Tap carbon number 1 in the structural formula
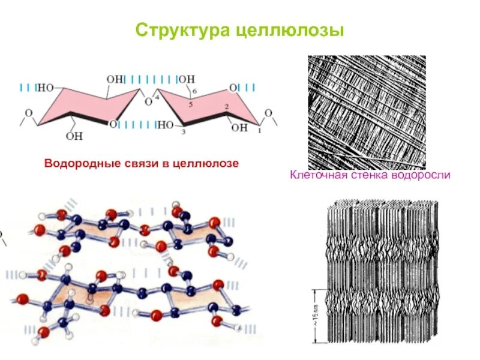[x=259, y=129]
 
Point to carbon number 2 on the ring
[x=227, y=106]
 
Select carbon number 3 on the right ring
[x=185, y=131]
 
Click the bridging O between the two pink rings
[x=148, y=102]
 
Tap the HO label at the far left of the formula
[x=46, y=88]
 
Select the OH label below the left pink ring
[x=74, y=136]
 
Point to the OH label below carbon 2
[x=239, y=127]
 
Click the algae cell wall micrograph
[x=367, y=112]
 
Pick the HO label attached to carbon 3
[x=165, y=125]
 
